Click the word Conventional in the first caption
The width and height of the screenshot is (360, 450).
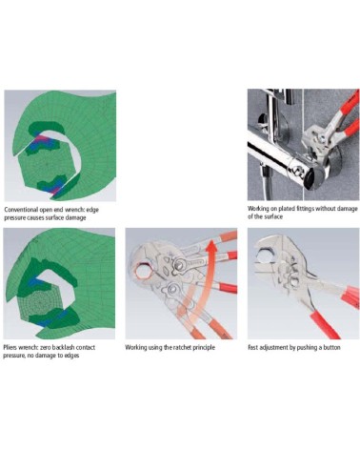(x=21, y=210)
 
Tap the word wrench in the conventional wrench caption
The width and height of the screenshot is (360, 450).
(x=72, y=210)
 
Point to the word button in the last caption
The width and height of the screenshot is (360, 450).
(x=331, y=347)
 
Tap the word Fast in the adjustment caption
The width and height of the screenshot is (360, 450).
(x=252, y=347)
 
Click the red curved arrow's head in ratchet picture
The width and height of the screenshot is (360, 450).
(x=211, y=246)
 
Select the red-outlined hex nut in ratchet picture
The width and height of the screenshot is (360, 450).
(x=143, y=270)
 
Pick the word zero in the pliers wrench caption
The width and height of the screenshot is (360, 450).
(x=44, y=347)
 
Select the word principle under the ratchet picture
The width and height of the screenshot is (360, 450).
(x=205, y=347)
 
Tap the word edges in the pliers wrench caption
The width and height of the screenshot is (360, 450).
(x=71, y=356)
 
